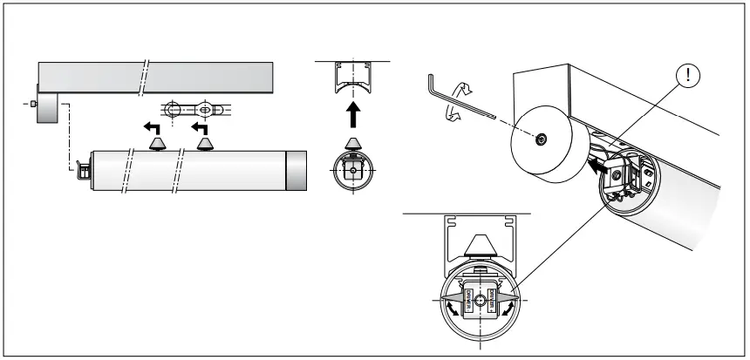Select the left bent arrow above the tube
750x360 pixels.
pos(153,128)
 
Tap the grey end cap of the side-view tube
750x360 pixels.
pos(297,171)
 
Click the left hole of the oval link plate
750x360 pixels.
pos(174,111)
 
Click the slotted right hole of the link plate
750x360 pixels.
pos(207,111)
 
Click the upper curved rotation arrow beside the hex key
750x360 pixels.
pos(464,88)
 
